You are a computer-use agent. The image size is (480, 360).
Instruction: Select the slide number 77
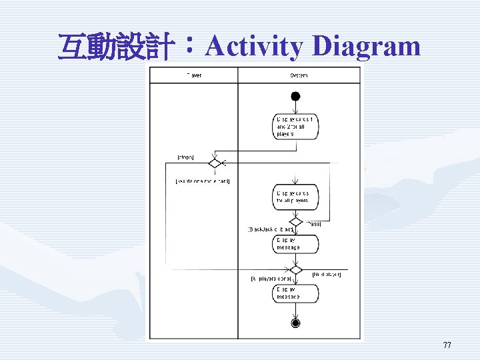[447, 345]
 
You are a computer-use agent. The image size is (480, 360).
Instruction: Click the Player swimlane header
[194, 75]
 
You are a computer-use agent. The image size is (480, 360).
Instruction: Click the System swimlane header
[298, 75]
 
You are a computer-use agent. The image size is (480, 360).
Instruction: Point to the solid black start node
[295, 97]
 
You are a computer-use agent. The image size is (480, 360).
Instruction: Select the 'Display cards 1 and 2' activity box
[295, 126]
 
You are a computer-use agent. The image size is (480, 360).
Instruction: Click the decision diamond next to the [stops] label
[215, 163]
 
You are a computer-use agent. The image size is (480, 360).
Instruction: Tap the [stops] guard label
[185, 157]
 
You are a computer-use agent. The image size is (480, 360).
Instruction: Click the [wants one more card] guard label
[202, 181]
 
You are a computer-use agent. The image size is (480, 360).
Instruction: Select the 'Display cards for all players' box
[295, 196]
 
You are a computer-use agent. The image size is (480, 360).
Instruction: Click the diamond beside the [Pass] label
[295, 221]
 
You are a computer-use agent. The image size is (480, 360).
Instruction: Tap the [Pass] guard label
[313, 224]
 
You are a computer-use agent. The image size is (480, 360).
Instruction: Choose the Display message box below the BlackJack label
[295, 244]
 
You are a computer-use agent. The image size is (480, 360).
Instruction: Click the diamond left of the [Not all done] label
[295, 269]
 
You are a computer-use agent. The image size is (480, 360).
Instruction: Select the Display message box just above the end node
[295, 293]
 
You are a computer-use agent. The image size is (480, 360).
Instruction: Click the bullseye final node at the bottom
[295, 323]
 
